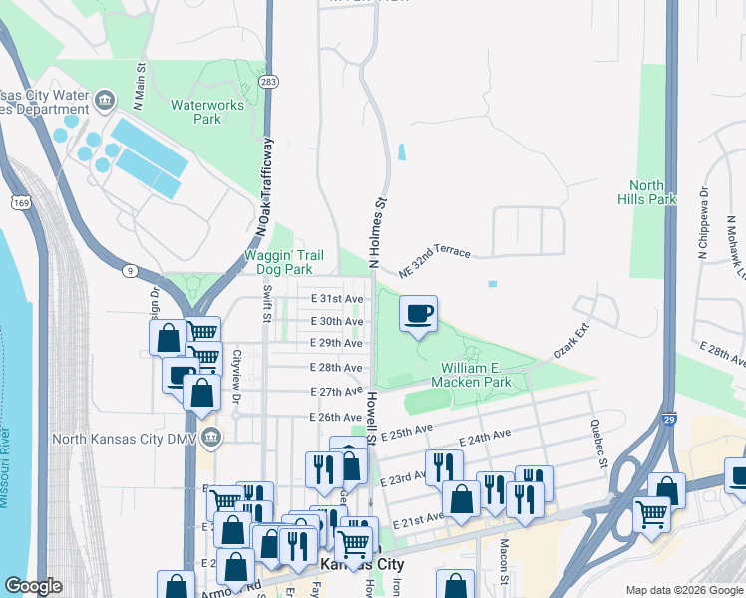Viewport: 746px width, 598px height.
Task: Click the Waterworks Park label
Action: (x=207, y=111)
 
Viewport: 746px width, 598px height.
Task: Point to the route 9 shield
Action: (x=130, y=270)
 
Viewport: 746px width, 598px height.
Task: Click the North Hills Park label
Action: (x=653, y=192)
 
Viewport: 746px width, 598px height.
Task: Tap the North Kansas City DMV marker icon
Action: (x=210, y=437)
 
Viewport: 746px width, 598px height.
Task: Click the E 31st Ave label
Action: (x=336, y=299)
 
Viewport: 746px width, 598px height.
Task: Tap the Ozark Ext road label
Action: (x=573, y=341)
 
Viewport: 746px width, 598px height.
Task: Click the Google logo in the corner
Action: (x=33, y=586)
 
